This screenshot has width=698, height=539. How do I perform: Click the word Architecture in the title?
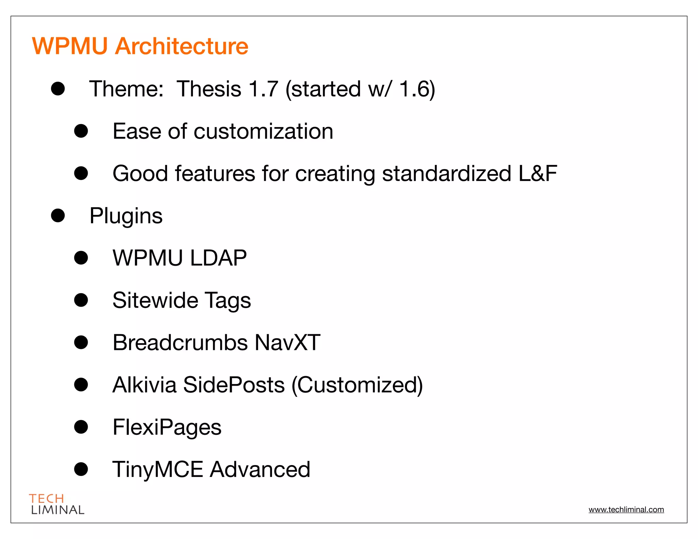(x=182, y=46)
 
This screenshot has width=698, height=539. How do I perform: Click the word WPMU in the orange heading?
(x=70, y=46)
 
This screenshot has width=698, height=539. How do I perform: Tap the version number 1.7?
(x=263, y=89)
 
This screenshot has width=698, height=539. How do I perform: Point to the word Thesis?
(x=209, y=89)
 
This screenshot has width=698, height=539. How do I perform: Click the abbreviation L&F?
(x=537, y=173)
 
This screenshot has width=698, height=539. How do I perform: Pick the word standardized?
(x=446, y=173)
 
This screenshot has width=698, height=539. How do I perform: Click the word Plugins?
(x=126, y=216)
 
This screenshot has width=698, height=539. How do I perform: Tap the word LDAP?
(x=218, y=258)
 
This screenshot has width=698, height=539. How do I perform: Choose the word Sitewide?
(x=155, y=300)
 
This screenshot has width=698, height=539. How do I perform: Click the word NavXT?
(x=287, y=342)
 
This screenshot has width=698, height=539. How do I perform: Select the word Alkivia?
(x=145, y=385)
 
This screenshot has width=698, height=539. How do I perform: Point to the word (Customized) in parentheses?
(x=357, y=385)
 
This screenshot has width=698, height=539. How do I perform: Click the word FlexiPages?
(x=167, y=427)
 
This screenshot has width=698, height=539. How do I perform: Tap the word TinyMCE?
(x=157, y=469)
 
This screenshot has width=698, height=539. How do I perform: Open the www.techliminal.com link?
(x=626, y=510)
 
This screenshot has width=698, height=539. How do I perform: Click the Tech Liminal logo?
(x=57, y=504)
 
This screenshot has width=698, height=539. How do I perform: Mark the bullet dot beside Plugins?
(x=58, y=215)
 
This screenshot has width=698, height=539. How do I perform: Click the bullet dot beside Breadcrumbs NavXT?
(x=81, y=342)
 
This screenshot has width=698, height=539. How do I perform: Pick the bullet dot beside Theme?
(x=58, y=89)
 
